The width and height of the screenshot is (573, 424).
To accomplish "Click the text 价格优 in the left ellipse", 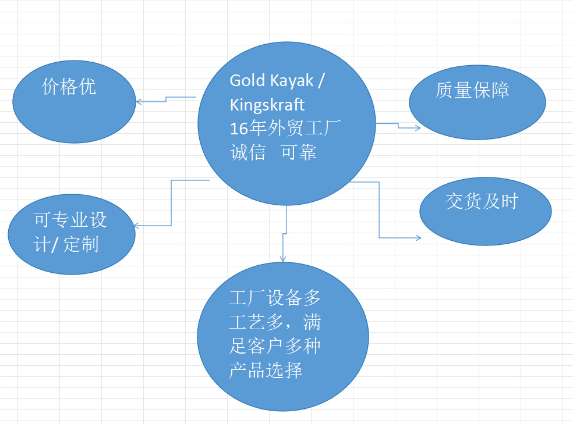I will pos(69,87).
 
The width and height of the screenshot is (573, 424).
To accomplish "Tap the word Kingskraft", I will pos(267,105).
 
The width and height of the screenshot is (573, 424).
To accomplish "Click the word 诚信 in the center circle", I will pos(247,152).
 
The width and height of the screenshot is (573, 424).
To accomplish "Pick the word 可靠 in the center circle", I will pos(299,152).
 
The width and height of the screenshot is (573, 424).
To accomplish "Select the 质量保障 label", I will pos(472,90).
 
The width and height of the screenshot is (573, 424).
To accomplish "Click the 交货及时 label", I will pos(482,201).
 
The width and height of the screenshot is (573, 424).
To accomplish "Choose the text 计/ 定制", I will pos(66,244).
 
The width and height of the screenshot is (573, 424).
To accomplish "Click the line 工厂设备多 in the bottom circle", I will pos(274,299).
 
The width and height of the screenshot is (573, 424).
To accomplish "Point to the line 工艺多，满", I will pos(274,323).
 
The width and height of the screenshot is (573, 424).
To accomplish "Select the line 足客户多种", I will pos(274,347).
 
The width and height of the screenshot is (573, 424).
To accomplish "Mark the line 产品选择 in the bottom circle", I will pos(265,370).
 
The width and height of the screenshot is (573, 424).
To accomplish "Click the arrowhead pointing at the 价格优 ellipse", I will pos(138,102).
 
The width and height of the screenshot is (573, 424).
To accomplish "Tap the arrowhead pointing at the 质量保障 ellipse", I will pos(418,127).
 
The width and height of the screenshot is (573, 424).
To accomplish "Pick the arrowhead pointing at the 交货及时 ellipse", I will pos(418,237).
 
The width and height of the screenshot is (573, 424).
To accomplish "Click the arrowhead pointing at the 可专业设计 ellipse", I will pos(136,226).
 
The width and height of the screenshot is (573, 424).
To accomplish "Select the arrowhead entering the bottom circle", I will pos(282,259).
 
